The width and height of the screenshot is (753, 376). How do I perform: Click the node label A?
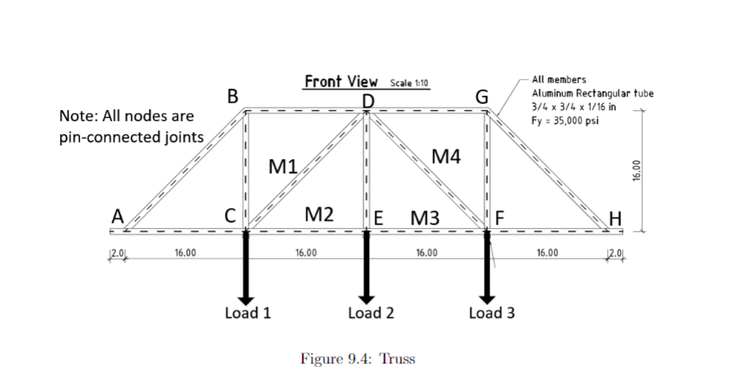117,215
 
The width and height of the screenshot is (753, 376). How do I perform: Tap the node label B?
232,97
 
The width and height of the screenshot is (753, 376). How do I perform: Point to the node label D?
367,101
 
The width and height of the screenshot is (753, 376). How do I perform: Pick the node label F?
499,215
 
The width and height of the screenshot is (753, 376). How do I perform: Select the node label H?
615,215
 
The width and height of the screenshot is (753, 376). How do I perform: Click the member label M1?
282,166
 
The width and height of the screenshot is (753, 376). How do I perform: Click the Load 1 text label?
248,313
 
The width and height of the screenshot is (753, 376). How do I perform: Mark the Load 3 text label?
492,313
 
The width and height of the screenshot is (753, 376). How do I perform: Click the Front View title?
341,82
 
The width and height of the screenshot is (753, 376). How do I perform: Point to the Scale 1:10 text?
409,82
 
